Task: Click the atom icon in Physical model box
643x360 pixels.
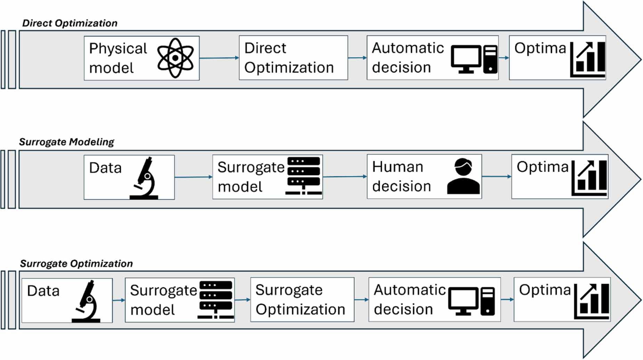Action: tap(175, 58)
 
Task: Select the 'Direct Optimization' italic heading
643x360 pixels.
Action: tap(70, 23)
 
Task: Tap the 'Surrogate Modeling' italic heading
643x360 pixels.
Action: tap(67, 142)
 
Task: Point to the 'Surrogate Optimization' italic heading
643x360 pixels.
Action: tap(76, 264)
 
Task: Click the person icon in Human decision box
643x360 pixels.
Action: tap(463, 176)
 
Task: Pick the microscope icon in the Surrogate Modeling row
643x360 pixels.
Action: tap(144, 178)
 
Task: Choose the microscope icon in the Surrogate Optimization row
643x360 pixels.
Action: tap(86, 301)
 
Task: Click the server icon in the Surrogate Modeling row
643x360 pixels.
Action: tap(304, 176)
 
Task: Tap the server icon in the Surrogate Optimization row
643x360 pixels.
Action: tap(216, 300)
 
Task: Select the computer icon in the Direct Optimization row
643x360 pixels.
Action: tap(474, 59)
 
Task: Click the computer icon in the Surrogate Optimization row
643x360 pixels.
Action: tap(472, 301)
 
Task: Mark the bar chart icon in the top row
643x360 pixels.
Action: tap(588, 59)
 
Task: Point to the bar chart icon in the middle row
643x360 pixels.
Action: tap(589, 178)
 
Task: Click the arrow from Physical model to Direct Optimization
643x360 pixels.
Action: tap(219, 58)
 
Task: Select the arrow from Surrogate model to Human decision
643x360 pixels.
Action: tap(345, 177)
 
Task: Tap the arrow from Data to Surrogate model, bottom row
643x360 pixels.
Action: tap(119, 300)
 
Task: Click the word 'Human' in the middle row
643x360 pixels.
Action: tap(398, 167)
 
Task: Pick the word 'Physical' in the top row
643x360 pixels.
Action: tap(118, 49)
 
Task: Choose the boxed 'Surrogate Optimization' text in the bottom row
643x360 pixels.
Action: tap(300, 300)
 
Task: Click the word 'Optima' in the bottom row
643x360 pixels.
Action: tap(545, 290)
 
